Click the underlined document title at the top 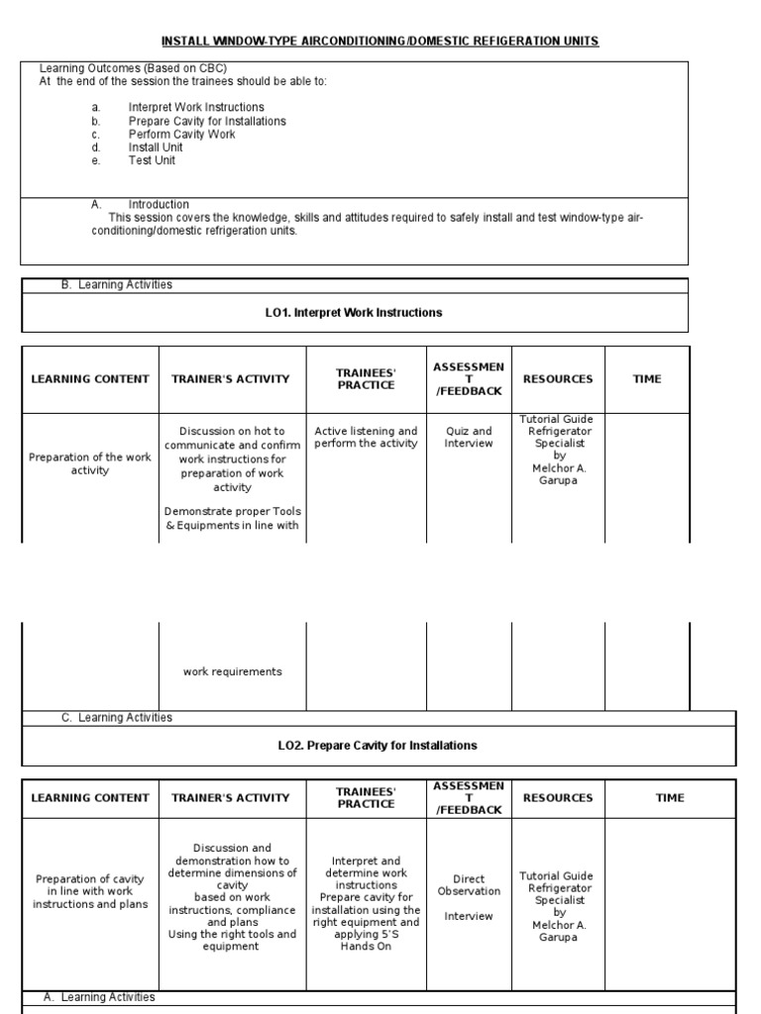pos(380,41)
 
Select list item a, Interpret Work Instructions pos(195,107)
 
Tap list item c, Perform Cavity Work pos(181,134)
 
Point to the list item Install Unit pos(156,147)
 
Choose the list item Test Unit pos(152,159)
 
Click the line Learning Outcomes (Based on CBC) pos(133,68)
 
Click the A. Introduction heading pos(158,205)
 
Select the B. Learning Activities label pos(116,285)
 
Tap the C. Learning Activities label pos(116,718)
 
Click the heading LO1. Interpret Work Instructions pos(354,313)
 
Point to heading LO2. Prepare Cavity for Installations pos(378,746)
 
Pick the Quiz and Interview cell pos(468,438)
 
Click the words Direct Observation pos(468,884)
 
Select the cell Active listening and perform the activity pos(366,438)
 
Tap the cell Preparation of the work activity pos(90,463)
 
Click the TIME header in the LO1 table pos(647,379)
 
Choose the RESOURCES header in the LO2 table pos(557,798)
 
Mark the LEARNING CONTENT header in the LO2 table pos(90,798)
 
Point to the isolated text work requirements pos(232,672)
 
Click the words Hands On pos(366,947)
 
